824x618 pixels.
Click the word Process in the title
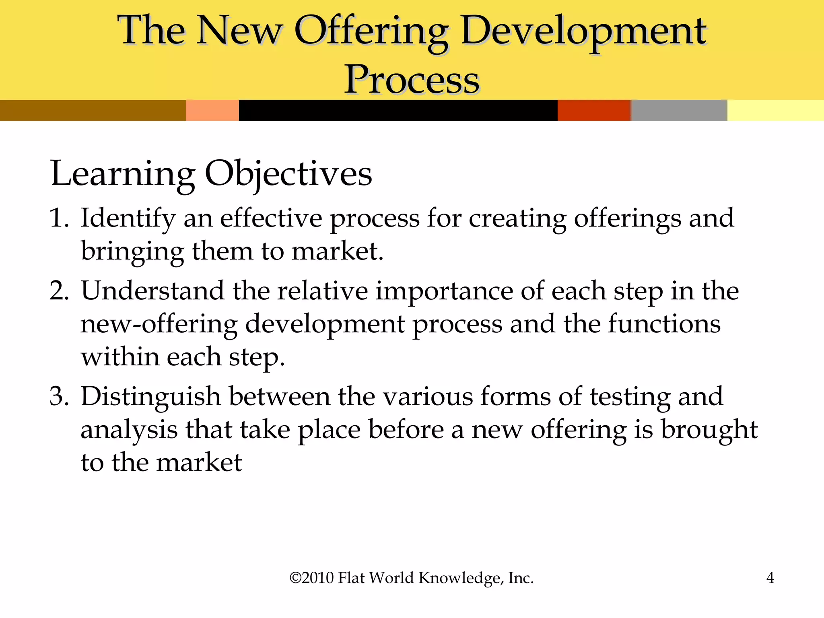(x=412, y=79)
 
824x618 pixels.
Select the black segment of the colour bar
(x=398, y=110)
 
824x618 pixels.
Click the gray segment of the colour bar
(x=679, y=110)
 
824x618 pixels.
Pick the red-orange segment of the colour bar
(x=593, y=110)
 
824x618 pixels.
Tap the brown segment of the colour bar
(x=93, y=110)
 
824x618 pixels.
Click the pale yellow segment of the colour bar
(x=775, y=110)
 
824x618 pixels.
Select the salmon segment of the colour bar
(x=212, y=110)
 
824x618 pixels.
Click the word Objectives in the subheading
(x=288, y=174)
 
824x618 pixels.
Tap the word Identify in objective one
(x=128, y=219)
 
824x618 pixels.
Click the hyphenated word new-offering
(x=159, y=324)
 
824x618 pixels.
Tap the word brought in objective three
(x=709, y=430)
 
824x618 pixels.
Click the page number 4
(x=770, y=578)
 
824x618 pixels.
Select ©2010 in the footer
(x=312, y=578)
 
